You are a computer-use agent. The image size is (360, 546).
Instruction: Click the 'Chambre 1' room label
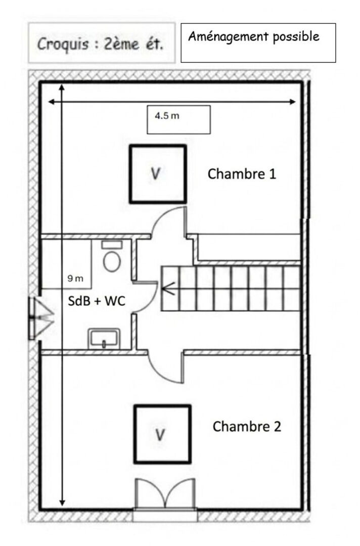[242, 174]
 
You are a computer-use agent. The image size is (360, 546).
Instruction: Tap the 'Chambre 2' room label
[247, 426]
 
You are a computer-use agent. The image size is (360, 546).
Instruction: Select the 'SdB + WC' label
[97, 300]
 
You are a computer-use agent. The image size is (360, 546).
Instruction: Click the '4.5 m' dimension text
[167, 116]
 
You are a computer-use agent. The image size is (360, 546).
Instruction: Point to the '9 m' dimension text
[75, 278]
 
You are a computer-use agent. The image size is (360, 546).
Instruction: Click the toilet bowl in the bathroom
[112, 261]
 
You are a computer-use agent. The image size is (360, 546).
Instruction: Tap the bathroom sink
[104, 338]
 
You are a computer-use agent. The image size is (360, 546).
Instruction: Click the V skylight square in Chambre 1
[158, 174]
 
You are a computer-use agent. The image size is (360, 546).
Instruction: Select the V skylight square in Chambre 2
[163, 434]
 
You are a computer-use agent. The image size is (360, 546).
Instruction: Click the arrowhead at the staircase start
[168, 289]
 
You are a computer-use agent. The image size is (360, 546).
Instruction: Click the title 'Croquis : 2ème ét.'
[100, 44]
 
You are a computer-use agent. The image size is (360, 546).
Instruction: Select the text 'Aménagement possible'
[254, 36]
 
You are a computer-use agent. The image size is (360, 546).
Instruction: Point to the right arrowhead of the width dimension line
[293, 102]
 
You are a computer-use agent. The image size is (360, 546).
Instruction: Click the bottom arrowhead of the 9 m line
[62, 503]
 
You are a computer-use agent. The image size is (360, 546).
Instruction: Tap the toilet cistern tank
[112, 245]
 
